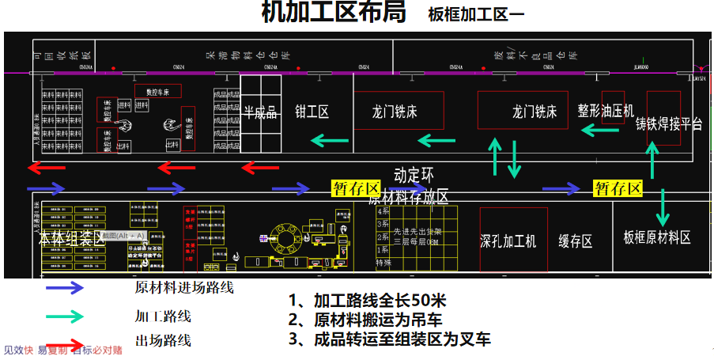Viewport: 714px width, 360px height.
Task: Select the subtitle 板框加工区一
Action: [476, 15]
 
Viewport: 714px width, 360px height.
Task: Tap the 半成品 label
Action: [260, 112]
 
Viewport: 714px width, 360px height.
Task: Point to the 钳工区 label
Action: [312, 112]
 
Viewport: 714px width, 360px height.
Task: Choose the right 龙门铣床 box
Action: [523, 110]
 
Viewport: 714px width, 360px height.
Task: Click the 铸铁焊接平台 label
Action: [669, 124]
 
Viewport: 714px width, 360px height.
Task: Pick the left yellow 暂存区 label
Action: [356, 188]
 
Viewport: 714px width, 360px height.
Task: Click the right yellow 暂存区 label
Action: [618, 188]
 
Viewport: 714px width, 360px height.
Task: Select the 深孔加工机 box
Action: [513, 240]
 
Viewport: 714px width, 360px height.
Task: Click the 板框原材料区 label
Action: [657, 237]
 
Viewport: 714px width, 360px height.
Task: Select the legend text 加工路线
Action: [163, 316]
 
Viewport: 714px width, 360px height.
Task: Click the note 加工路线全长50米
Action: [368, 301]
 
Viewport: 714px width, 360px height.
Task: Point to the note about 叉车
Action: [390, 339]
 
